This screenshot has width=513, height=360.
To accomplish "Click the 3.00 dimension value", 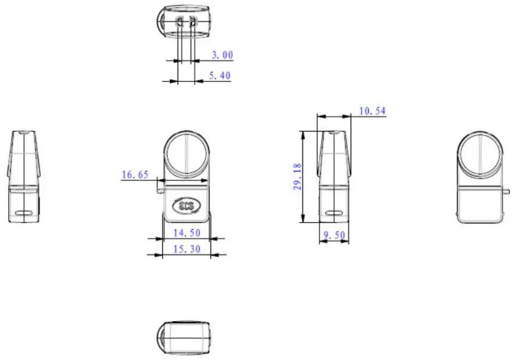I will [x=222, y=55].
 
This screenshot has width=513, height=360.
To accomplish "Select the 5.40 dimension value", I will [x=219, y=76].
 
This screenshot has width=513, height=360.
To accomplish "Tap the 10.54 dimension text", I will [x=372, y=111].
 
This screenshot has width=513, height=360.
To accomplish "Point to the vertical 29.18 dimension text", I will [x=297, y=177].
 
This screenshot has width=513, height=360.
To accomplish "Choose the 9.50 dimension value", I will [x=334, y=236].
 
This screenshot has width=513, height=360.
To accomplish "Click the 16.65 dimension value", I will [x=134, y=174].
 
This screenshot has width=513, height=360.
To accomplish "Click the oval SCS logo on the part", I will [x=186, y=205].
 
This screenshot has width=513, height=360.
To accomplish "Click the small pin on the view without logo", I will [x=508, y=188].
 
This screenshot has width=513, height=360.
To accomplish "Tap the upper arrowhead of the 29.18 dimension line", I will [x=302, y=133].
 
